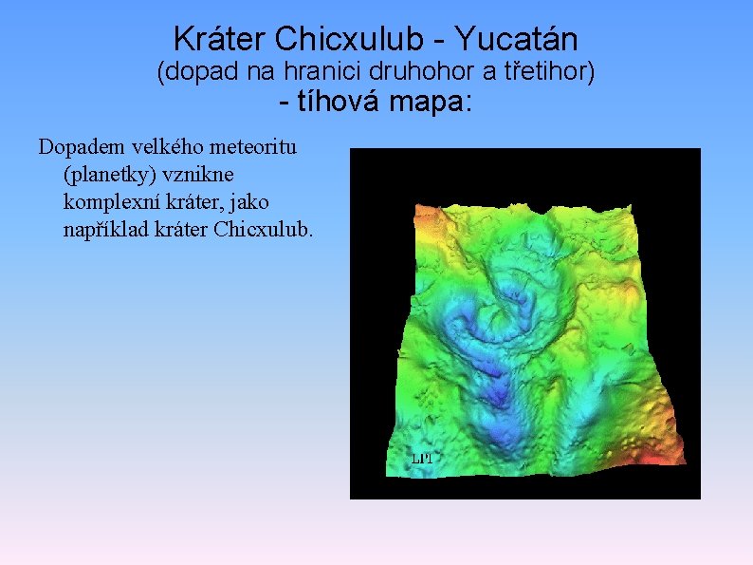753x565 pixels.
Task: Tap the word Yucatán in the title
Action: (516, 39)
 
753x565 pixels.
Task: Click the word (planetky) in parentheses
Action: (104, 176)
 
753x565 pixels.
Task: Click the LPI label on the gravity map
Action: (422, 458)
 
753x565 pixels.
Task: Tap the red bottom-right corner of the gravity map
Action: (663, 459)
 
